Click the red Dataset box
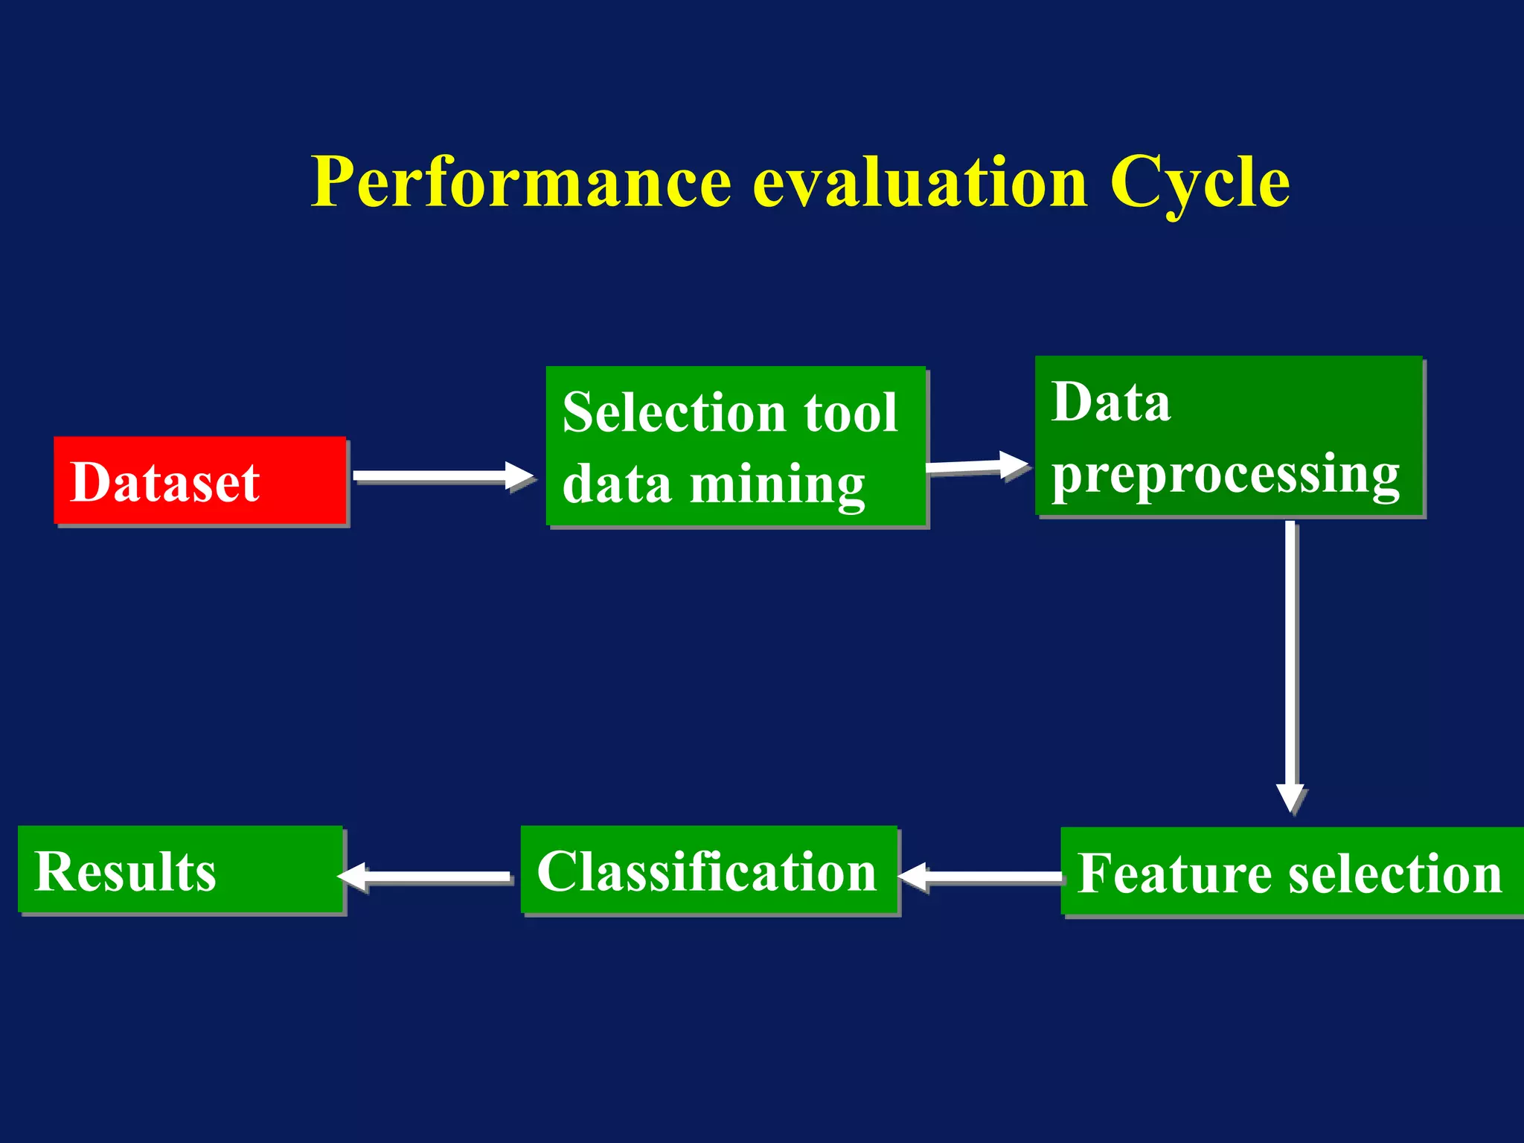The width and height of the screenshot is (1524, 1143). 199,481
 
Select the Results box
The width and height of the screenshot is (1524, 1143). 180,869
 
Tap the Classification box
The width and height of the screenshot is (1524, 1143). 708,870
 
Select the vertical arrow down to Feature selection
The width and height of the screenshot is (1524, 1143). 1291,655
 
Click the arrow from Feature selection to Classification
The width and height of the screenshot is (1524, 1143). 982,877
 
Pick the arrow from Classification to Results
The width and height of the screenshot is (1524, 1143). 428,876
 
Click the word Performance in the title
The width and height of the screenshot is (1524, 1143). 521,182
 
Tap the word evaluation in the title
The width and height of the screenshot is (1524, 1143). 921,182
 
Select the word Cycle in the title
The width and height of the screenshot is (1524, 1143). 1200,182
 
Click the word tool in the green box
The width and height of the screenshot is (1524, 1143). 851,412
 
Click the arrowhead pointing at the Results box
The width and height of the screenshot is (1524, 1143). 353,876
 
